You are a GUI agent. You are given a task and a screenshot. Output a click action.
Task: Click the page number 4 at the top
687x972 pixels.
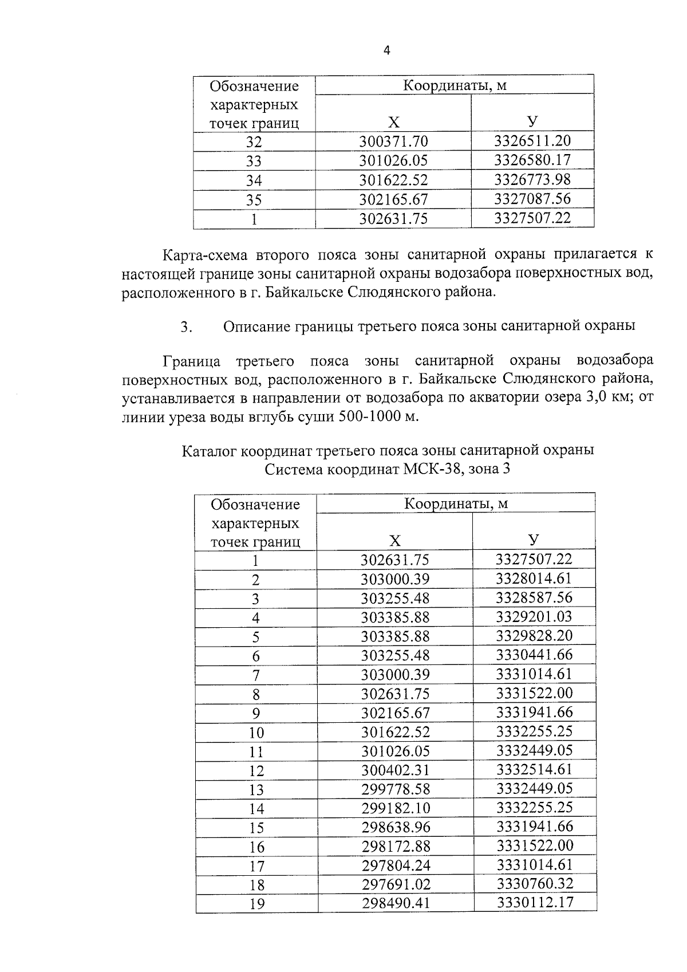[x=386, y=51]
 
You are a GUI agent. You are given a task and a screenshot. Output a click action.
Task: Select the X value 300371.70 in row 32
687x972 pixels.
[x=393, y=141]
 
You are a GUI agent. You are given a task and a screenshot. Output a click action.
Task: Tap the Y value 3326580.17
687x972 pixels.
[x=532, y=160]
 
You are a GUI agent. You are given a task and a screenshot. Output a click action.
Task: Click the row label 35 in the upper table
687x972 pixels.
[x=254, y=200]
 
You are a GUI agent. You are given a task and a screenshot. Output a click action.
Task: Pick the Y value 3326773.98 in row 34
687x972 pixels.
[x=532, y=179]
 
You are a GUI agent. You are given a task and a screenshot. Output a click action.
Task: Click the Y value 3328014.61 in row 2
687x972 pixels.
[x=534, y=579]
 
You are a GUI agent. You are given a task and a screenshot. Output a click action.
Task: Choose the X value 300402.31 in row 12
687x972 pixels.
[x=395, y=770]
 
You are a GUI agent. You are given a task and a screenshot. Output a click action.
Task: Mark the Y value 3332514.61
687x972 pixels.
[x=534, y=769]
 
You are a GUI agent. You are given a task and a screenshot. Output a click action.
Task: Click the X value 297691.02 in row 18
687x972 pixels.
[x=395, y=884]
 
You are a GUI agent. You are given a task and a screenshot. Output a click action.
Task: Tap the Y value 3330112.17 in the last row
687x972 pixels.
[x=535, y=903]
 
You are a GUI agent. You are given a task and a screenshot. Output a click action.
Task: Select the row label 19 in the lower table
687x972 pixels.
[x=256, y=904]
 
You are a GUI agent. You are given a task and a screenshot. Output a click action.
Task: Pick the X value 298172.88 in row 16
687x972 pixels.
[x=395, y=847]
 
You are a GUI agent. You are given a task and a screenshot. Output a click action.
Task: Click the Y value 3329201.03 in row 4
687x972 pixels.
[x=534, y=617]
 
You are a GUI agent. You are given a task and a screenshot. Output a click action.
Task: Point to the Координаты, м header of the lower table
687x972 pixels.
[x=456, y=503]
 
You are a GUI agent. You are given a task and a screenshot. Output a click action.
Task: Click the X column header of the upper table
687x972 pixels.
[x=393, y=122]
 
